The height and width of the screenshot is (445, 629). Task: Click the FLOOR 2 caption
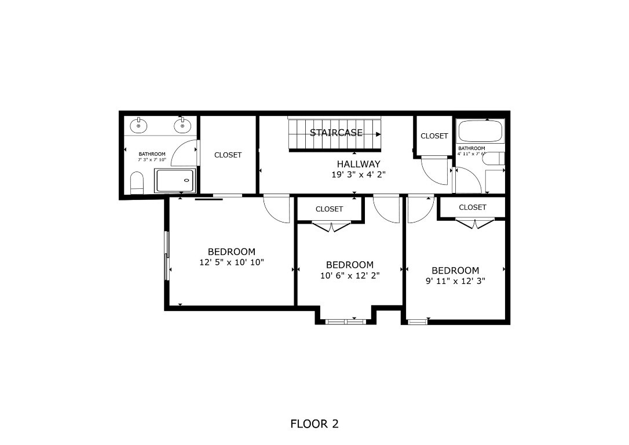click(x=314, y=424)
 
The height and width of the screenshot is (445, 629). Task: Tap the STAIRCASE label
click(x=336, y=133)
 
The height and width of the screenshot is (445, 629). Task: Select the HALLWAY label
click(x=359, y=164)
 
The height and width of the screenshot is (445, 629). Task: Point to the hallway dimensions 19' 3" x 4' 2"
click(x=358, y=174)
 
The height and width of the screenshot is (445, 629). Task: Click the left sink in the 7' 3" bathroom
click(x=138, y=125)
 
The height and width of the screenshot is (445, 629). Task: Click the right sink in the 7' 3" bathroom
click(x=182, y=125)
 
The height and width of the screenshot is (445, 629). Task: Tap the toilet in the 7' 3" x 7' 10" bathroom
click(x=137, y=183)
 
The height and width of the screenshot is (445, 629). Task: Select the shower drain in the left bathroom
click(x=186, y=180)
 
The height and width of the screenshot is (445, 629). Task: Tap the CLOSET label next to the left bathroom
click(x=228, y=155)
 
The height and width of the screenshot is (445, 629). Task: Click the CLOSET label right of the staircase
click(x=434, y=136)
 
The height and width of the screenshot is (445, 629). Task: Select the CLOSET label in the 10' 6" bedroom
click(x=329, y=209)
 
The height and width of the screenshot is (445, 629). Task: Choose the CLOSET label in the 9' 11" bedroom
click(x=472, y=207)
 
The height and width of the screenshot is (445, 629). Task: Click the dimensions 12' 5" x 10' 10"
click(x=231, y=262)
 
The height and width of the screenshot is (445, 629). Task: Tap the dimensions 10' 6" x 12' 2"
click(x=349, y=276)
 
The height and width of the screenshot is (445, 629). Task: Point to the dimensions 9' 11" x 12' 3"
click(x=455, y=281)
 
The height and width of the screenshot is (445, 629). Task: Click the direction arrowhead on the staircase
click(x=378, y=134)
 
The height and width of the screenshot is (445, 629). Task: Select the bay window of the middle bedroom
click(x=346, y=320)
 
